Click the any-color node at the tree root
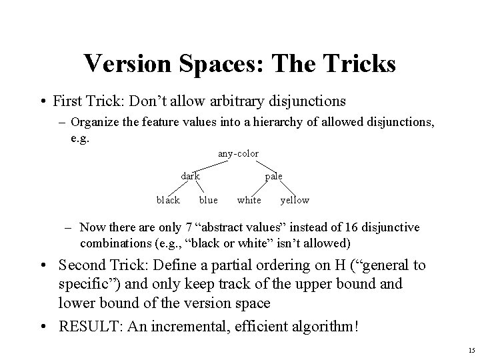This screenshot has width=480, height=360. pyautogui.click(x=238, y=154)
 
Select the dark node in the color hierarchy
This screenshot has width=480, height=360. pyautogui.click(x=191, y=176)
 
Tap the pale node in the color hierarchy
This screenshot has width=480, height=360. pyautogui.click(x=274, y=176)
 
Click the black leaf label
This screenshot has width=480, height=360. pyautogui.click(x=168, y=200)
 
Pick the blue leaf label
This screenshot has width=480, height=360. pyautogui.click(x=208, y=200)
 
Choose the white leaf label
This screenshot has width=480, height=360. pyautogui.click(x=249, y=200)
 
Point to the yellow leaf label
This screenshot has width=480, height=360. pyautogui.click(x=295, y=200)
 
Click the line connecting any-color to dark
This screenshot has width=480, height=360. pyautogui.click(x=209, y=165)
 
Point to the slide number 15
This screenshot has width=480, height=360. pyautogui.click(x=471, y=350)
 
